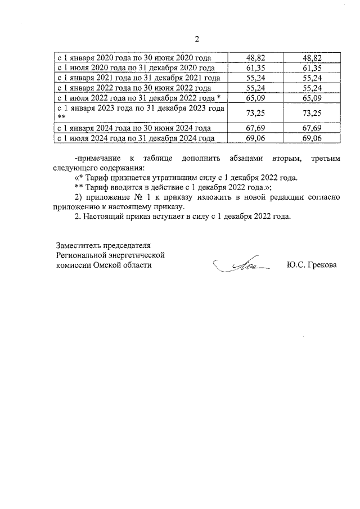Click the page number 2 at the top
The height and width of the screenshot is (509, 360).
(x=197, y=39)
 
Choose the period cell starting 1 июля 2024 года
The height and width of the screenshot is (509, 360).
(x=136, y=138)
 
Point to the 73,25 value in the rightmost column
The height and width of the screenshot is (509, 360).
(x=312, y=112)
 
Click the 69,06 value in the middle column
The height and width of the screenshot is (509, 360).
(x=256, y=138)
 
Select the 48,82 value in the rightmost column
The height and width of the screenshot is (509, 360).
(x=312, y=58)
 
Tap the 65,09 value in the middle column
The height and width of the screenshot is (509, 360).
(x=256, y=98)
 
